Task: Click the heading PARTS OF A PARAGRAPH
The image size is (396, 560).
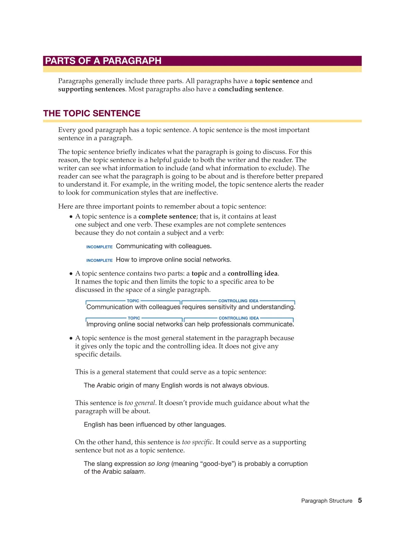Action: [x=103, y=61]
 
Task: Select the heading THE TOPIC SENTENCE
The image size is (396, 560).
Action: [x=92, y=113]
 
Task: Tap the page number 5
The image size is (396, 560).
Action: [x=360, y=500]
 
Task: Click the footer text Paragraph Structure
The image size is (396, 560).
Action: [x=326, y=501]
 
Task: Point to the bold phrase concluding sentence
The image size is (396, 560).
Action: [x=250, y=89]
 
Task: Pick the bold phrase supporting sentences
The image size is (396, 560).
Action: [x=91, y=89]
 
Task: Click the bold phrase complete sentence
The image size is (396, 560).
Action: [x=167, y=216]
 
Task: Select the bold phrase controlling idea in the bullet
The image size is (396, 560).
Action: [x=253, y=273]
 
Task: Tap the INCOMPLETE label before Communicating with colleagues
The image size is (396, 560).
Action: [x=99, y=247]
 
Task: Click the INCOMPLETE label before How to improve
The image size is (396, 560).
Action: [x=99, y=260]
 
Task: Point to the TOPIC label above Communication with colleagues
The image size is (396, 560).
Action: [x=133, y=301]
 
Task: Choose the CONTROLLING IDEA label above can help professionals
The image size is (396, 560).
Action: [x=239, y=318]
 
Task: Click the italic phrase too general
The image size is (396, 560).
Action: [x=140, y=403]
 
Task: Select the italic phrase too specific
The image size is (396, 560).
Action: [x=197, y=442]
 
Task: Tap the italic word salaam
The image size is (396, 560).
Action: [x=133, y=472]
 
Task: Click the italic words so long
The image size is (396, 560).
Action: [x=158, y=464]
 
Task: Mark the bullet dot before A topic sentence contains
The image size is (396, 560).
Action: [x=71, y=274]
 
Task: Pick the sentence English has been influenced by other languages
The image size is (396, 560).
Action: [x=155, y=425]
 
